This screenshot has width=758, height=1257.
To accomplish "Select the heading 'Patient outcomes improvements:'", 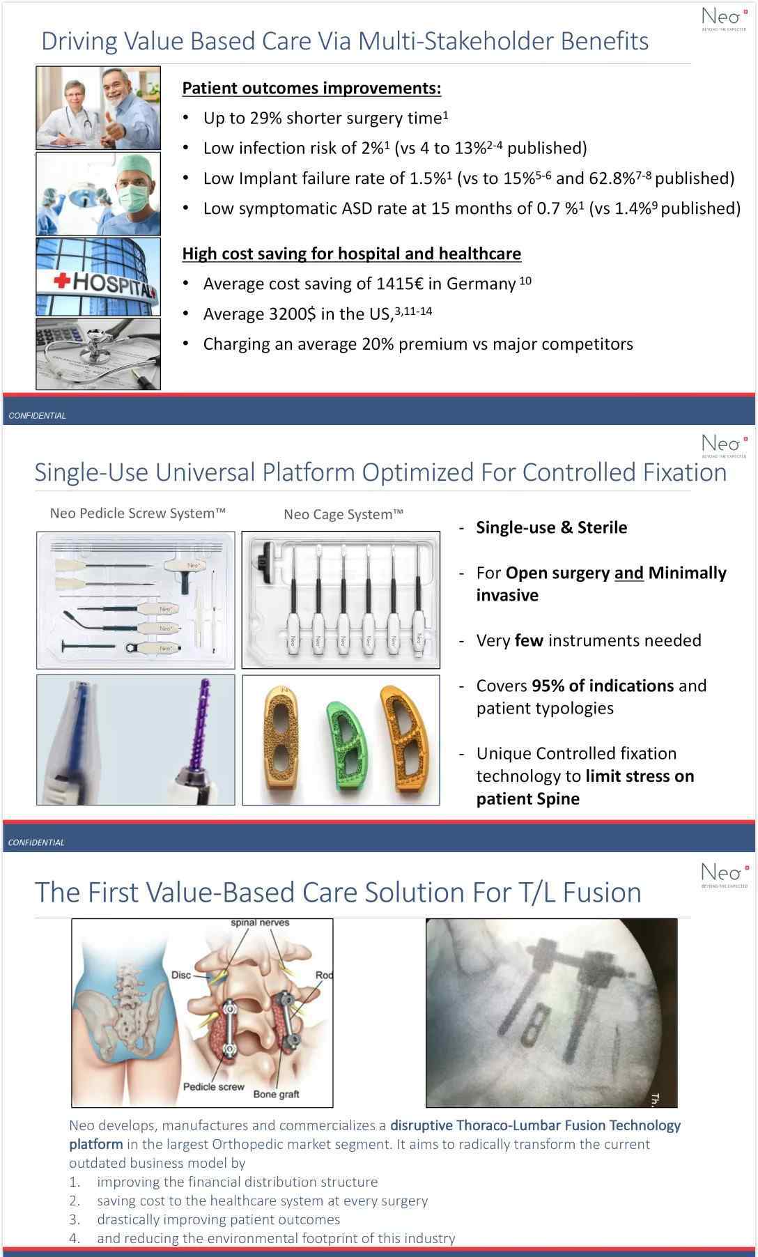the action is point(311,88).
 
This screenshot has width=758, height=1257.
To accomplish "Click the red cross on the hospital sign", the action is point(63,281).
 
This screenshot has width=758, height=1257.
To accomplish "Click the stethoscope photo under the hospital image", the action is point(98,354).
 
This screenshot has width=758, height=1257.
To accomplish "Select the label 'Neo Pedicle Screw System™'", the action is point(138,514).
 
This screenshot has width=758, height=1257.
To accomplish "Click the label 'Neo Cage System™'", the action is point(343,515).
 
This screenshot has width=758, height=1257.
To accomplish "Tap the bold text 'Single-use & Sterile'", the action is point(552,527).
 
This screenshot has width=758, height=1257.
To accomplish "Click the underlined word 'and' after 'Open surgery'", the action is point(629,573).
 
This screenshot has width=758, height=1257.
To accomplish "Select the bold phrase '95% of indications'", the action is point(603,686).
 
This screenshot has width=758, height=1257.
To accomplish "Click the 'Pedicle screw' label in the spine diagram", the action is point(214,1086).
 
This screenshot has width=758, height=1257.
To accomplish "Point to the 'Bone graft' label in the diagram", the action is point(276,1094).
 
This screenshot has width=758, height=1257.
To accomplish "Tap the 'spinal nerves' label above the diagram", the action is point(260,923).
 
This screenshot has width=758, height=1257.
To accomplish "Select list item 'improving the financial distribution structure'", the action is point(238,1182).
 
